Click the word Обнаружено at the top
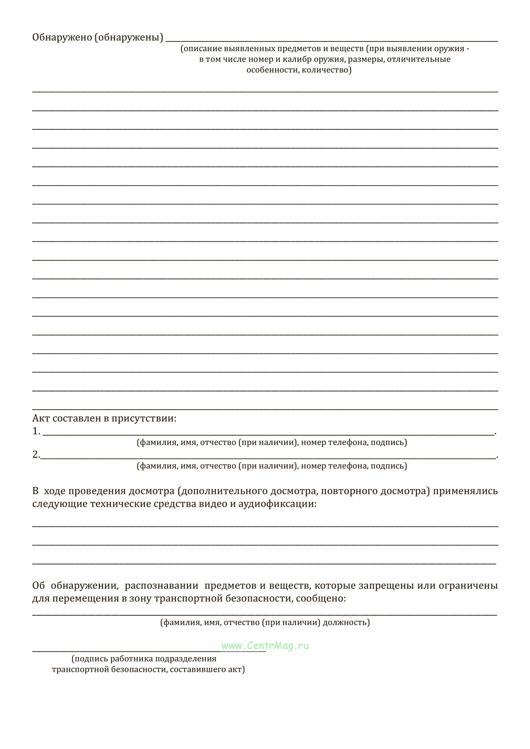click(62, 38)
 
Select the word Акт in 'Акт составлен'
click(41, 418)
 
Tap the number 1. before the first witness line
click(36, 432)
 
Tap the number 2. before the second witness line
click(36, 455)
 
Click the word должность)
click(346, 623)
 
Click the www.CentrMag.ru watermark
click(265, 646)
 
